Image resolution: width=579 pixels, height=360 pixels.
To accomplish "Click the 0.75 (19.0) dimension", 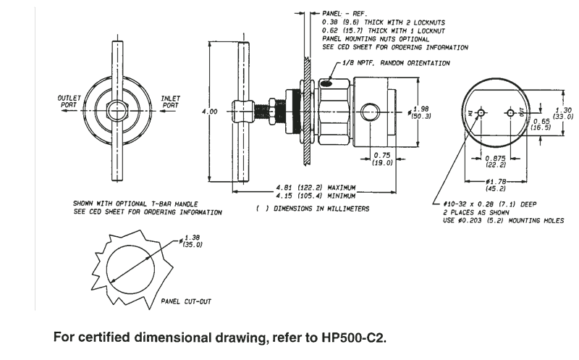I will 383,159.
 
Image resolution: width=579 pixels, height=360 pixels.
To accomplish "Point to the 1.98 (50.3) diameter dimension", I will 422,112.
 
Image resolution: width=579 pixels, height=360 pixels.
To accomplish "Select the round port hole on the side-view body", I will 368,112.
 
